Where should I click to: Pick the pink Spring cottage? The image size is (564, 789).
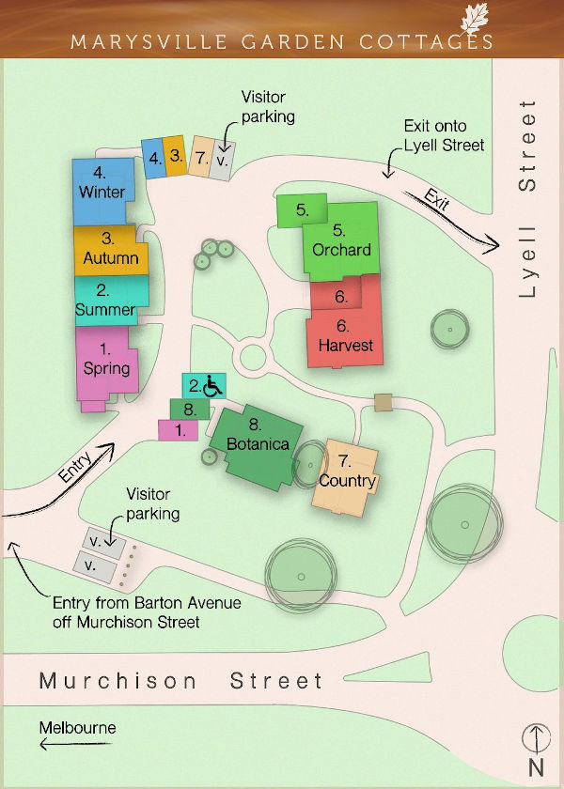106,361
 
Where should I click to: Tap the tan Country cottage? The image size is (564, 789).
348,475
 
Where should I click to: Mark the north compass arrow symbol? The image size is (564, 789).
535,739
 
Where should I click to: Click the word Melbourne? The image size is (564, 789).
78,727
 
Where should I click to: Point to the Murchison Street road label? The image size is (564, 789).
180,681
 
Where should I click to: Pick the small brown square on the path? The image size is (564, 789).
383,402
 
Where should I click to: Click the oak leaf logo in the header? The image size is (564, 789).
476,19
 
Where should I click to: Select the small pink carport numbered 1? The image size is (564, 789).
178,429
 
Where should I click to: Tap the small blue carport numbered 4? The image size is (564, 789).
153,158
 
